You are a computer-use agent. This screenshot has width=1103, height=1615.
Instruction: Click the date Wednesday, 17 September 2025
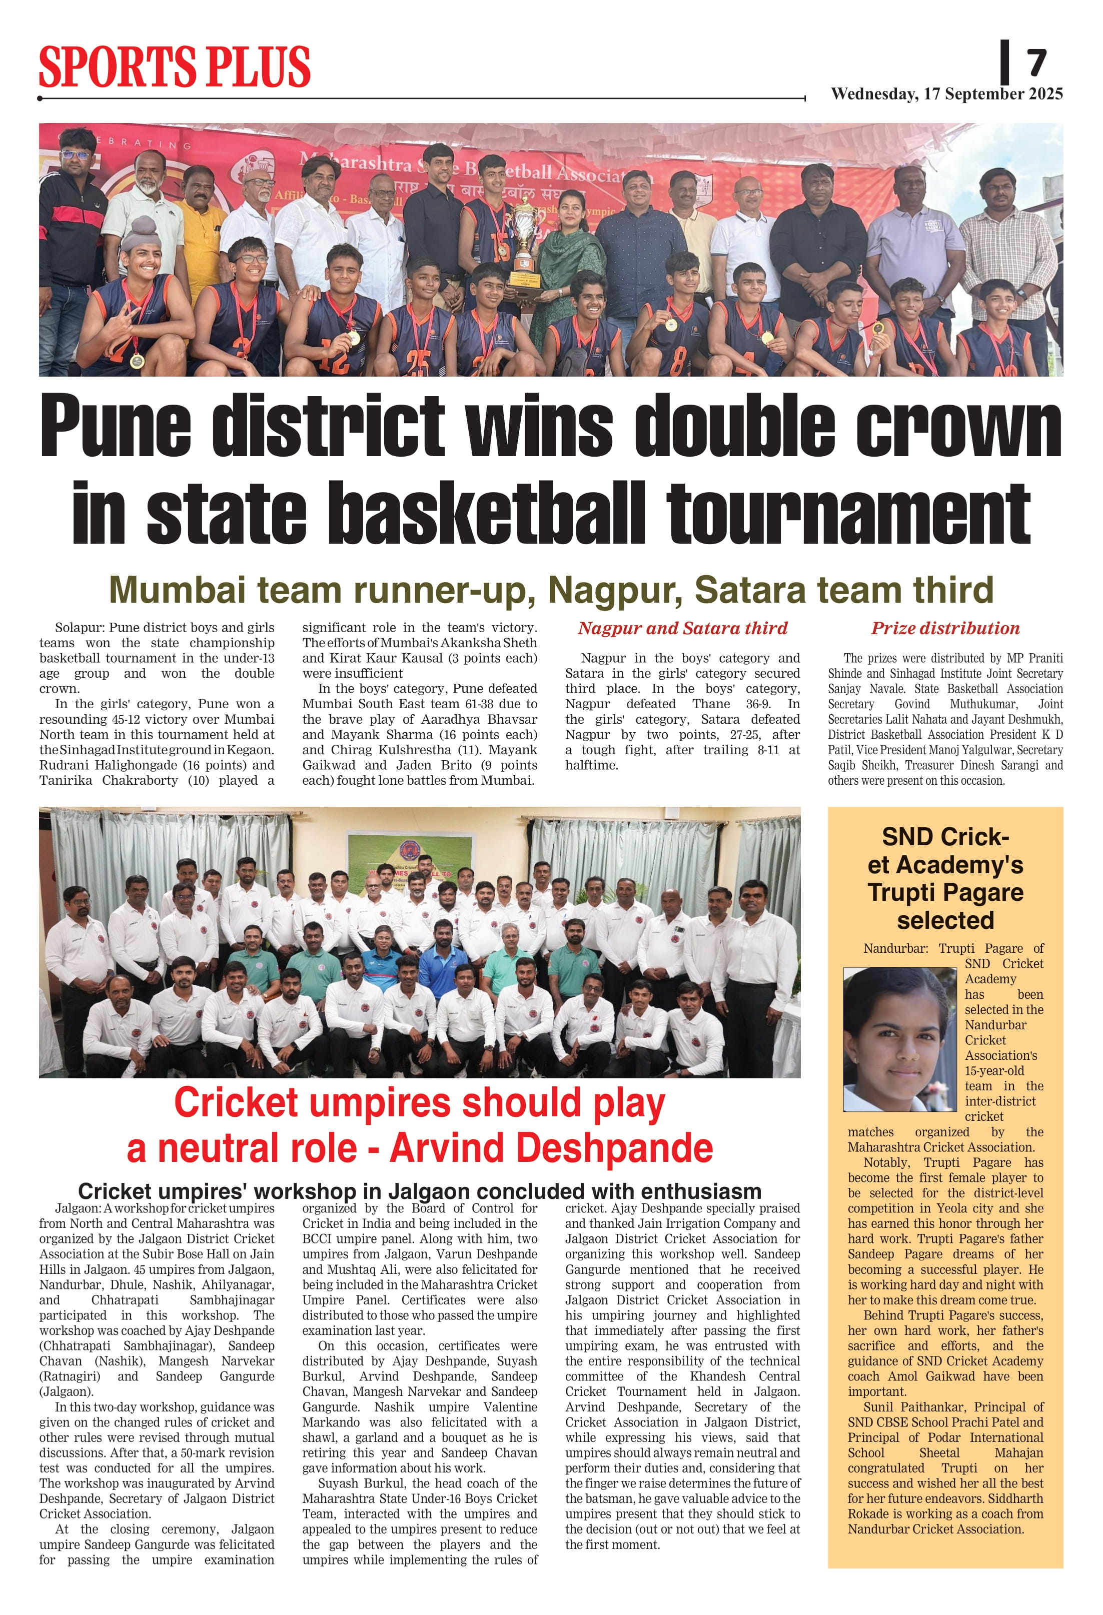(946, 94)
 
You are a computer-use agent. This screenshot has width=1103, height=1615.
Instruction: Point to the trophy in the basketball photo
(523, 240)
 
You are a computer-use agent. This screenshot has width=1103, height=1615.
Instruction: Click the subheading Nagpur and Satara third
(682, 628)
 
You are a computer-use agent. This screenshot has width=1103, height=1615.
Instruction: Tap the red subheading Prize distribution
(945, 628)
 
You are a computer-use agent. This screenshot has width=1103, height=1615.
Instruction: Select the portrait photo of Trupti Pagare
(900, 1039)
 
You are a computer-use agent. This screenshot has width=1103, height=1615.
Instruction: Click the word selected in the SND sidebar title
(945, 920)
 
